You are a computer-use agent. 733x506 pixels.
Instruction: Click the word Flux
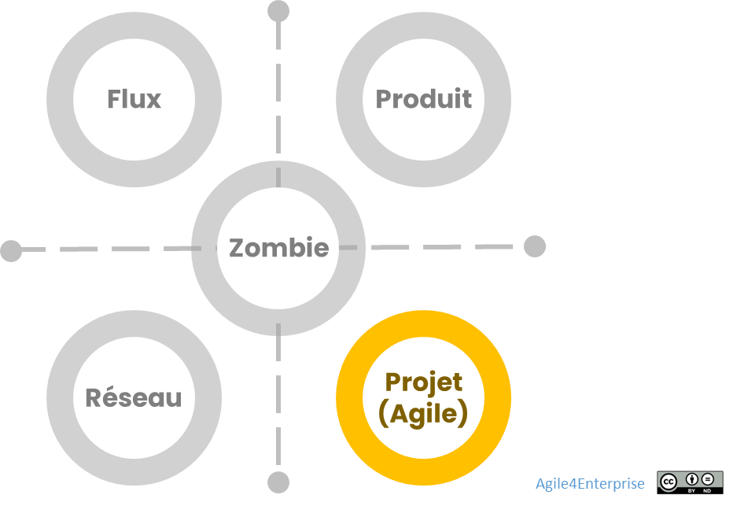coord(134,99)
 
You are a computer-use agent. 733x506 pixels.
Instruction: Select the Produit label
coord(423,99)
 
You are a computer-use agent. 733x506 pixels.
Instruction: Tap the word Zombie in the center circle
coord(278,248)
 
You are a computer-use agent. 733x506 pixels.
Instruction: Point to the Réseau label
coord(133,397)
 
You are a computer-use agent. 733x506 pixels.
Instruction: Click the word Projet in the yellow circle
coord(423,382)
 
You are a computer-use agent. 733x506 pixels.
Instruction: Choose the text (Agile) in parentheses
coord(423,412)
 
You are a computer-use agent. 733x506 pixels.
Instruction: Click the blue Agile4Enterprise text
coord(590,483)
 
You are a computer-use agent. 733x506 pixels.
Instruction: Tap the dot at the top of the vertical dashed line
coord(278,11)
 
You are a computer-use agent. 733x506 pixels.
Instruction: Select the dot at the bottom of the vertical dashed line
coord(278,482)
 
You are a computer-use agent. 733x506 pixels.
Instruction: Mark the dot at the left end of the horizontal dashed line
coord(11,251)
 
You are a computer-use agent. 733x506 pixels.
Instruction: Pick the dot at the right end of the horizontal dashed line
coord(535,246)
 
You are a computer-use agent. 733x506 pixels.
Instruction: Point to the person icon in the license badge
coord(692,478)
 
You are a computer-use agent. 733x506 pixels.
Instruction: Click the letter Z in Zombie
coord(236,248)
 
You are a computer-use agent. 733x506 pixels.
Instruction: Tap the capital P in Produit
coord(383,99)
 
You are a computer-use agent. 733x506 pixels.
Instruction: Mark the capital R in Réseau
coord(94,397)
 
